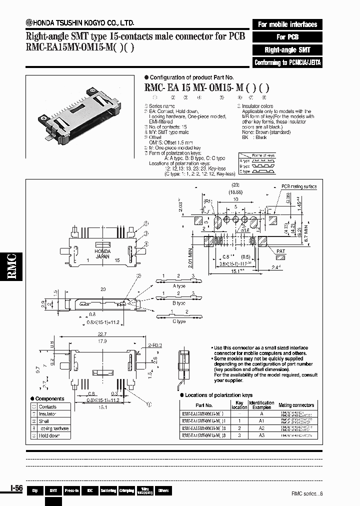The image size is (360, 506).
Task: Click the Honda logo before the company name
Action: click(x=30, y=22)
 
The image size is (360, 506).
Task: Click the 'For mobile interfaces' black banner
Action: click(x=287, y=24)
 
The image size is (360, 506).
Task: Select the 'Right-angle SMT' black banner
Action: click(x=287, y=50)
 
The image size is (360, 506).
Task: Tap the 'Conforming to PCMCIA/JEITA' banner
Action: click(x=287, y=62)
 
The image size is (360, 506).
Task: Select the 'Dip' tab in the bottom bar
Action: click(x=35, y=491)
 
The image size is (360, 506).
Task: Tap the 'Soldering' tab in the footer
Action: click(x=108, y=491)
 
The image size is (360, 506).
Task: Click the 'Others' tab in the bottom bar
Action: click(x=163, y=491)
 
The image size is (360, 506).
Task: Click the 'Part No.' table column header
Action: click(x=204, y=405)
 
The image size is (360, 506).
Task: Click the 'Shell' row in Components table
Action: click(x=44, y=421)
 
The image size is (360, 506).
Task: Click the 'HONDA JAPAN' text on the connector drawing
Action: click(x=102, y=253)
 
